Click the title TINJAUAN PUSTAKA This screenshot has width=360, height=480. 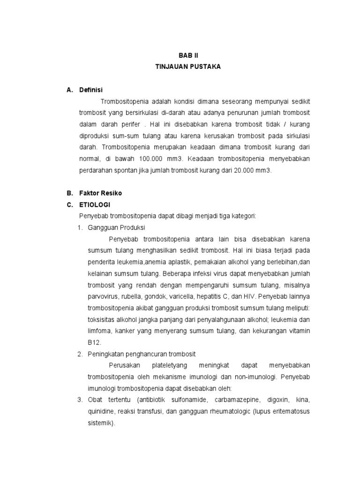click(187, 67)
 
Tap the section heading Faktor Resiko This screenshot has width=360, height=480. click(100, 193)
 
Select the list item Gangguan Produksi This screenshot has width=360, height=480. click(117, 227)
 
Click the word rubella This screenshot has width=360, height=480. click(136, 296)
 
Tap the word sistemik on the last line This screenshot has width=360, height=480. click(101, 423)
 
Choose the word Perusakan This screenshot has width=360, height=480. click(122, 365)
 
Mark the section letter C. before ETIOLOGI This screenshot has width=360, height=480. click(70, 204)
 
